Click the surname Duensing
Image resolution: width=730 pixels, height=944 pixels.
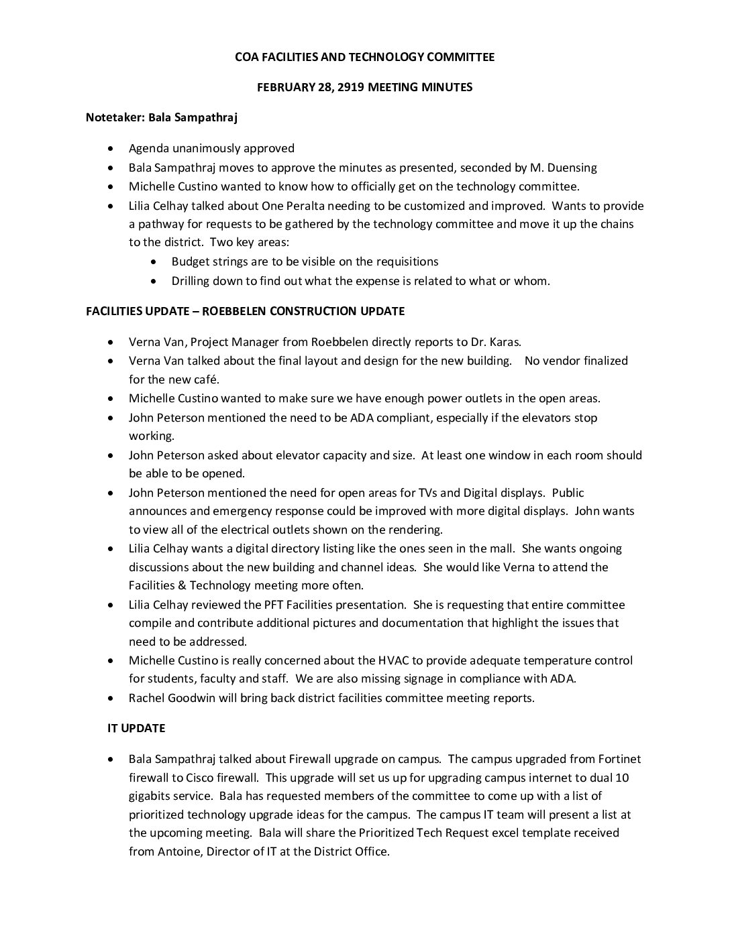(572, 168)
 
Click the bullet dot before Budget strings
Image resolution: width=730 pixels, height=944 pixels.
(156, 262)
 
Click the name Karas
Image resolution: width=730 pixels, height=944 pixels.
(461, 342)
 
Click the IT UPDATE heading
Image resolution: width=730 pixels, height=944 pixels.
(136, 728)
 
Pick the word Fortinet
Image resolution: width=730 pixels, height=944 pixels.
(619, 759)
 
